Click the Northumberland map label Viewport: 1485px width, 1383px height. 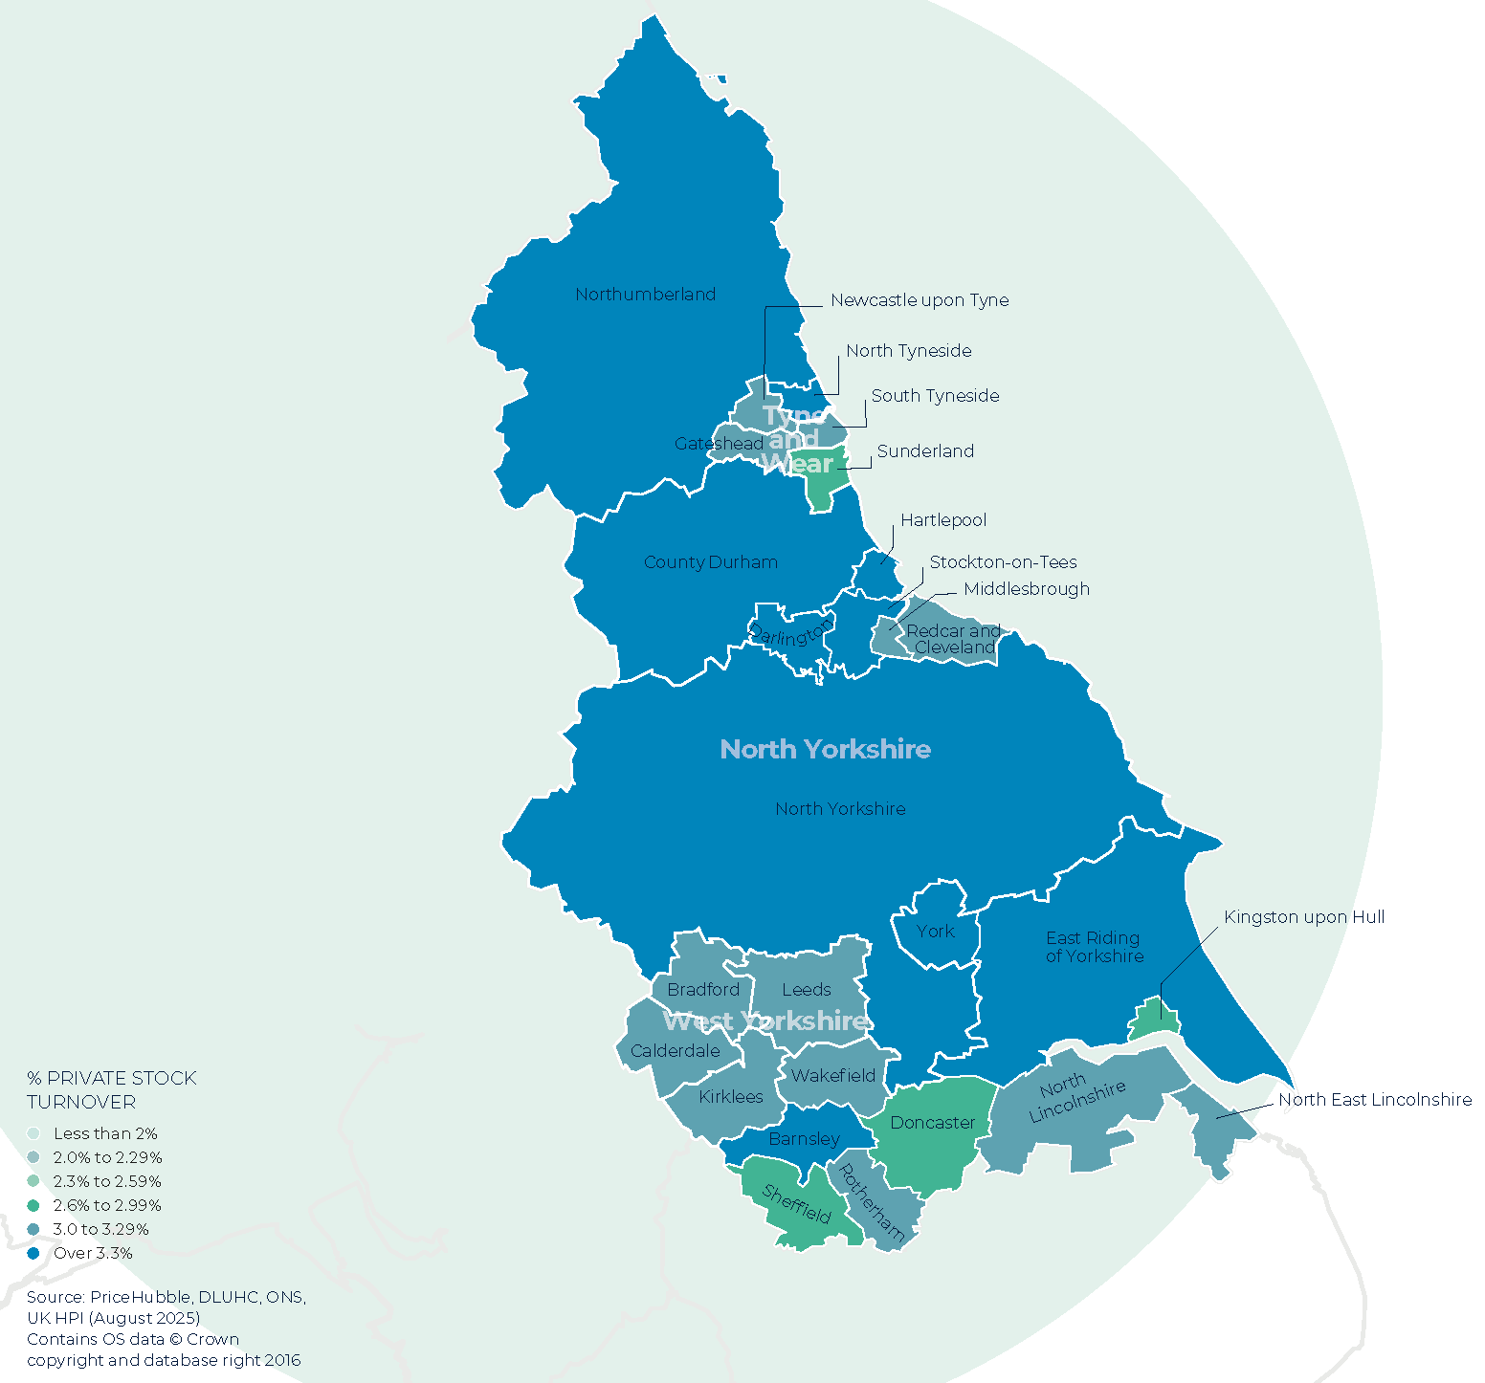(x=645, y=295)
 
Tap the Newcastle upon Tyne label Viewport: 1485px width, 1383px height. (x=919, y=300)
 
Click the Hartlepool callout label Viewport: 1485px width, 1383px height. (x=942, y=520)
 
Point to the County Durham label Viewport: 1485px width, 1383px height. (x=710, y=562)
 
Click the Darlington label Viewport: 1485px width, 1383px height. (x=790, y=633)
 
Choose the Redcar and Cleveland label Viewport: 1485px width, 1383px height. (x=953, y=639)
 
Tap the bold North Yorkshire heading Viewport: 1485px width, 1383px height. (x=825, y=749)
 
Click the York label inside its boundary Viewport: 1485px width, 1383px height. (x=935, y=932)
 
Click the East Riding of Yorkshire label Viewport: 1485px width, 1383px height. (x=1094, y=947)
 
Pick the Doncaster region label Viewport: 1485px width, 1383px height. (x=932, y=1123)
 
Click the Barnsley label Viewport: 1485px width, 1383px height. (x=804, y=1139)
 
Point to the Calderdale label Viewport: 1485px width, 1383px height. (x=675, y=1051)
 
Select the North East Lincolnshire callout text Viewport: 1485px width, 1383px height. (x=1374, y=1100)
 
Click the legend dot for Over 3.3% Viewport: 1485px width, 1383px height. (x=33, y=1253)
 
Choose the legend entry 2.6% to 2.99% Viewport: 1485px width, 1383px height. (x=106, y=1205)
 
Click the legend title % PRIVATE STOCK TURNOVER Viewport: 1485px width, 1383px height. (x=111, y=1090)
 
